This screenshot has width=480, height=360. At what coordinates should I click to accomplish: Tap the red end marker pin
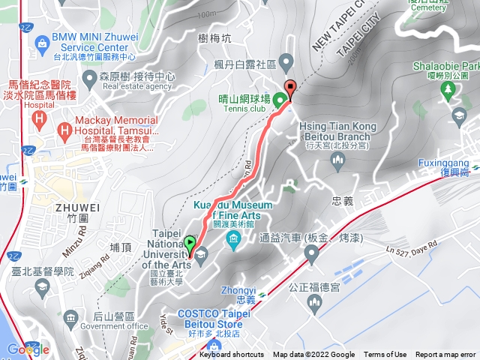click(290, 86)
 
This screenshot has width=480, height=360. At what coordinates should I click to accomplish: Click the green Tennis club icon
click(278, 99)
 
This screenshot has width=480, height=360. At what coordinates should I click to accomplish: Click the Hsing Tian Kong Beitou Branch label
click(334, 131)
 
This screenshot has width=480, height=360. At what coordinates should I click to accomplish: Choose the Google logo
click(28, 349)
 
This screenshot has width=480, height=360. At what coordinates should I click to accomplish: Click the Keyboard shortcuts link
click(232, 355)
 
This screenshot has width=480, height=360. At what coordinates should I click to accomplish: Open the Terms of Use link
click(385, 355)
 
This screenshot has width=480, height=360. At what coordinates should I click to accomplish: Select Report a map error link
click(445, 355)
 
